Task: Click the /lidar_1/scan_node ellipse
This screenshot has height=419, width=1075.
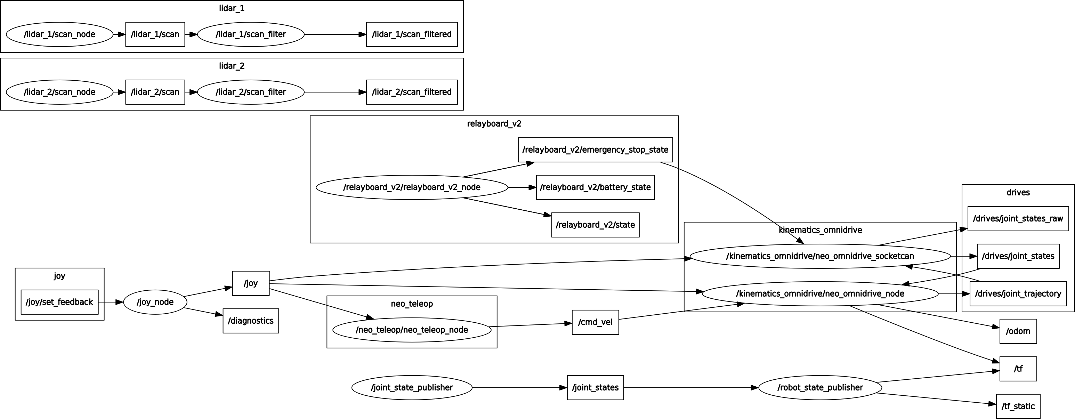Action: (60, 34)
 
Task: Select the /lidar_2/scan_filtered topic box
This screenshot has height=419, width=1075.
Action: (412, 92)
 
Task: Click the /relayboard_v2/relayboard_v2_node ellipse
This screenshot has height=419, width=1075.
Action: (412, 187)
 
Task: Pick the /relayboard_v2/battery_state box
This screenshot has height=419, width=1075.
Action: (595, 187)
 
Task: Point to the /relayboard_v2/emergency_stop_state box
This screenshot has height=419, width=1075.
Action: (595, 150)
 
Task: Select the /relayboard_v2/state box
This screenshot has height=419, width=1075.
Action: (595, 225)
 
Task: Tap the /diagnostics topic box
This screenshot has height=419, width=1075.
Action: (250, 321)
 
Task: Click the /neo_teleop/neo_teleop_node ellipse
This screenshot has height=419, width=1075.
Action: (412, 330)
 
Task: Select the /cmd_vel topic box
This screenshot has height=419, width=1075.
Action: (595, 322)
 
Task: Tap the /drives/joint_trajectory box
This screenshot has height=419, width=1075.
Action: (1018, 294)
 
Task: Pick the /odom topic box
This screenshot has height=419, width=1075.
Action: (1018, 331)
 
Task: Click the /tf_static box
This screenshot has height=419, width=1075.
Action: (1018, 406)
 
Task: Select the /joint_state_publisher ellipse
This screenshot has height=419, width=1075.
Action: (412, 388)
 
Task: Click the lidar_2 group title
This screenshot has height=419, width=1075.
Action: (232, 66)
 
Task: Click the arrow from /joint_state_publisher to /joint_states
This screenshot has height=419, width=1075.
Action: (519, 388)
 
